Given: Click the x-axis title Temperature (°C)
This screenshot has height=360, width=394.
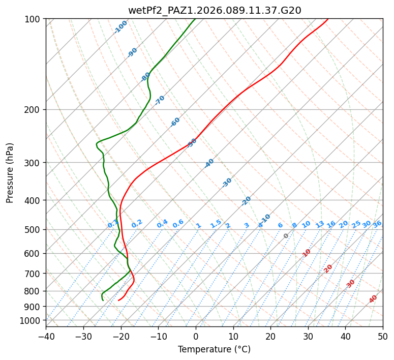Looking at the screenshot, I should [x=214, y=350].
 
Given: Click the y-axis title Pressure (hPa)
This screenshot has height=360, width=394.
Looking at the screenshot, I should [x=10, y=172].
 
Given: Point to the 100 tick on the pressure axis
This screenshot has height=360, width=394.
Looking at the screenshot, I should [x=34, y=19].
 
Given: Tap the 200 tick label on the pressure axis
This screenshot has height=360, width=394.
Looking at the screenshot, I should [x=34, y=110].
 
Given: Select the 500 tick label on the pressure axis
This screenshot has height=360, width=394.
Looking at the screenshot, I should [x=34, y=230].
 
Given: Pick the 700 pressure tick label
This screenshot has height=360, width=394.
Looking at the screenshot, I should [x=34, y=274].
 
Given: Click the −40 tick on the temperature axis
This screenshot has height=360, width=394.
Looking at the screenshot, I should [x=46, y=336].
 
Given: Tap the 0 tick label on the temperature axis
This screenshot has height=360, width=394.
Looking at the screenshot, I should [x=196, y=336].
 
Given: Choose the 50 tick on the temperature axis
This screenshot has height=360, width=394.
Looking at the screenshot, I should [x=383, y=336].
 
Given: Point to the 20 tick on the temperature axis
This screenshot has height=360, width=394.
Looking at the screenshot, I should [x=270, y=336].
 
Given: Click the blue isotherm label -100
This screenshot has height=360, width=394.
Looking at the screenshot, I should [x=120, y=27].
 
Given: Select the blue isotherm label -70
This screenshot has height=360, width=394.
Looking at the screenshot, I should [x=160, y=100].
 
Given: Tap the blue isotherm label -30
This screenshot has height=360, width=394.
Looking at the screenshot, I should [x=227, y=183].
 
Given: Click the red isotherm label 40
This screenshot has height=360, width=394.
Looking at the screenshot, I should [x=373, y=299].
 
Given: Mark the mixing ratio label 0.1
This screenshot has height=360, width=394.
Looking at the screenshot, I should [x=113, y=224].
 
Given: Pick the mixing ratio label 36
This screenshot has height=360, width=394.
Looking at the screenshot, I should [x=377, y=224].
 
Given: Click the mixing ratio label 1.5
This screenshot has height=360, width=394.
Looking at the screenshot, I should [x=216, y=224].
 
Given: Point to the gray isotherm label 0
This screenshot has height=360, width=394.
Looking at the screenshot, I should [x=286, y=236].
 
